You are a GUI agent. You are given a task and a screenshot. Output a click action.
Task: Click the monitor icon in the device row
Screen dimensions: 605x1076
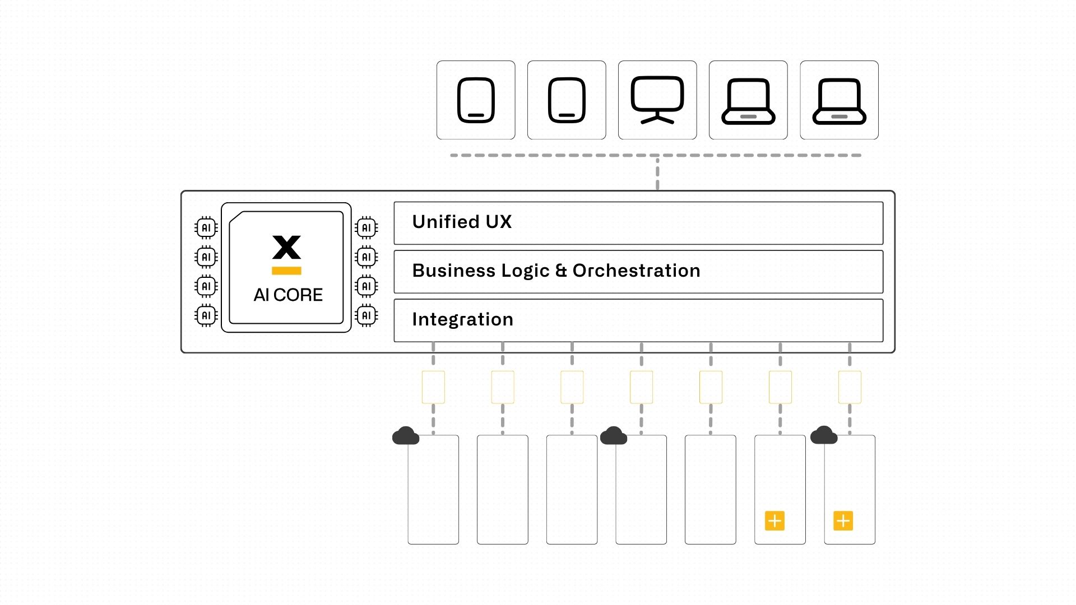657,100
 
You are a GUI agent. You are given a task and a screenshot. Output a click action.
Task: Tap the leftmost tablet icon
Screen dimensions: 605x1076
476,100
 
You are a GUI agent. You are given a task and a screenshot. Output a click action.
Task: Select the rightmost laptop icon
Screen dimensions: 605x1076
839,101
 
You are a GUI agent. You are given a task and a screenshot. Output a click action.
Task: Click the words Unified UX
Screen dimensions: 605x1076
462,222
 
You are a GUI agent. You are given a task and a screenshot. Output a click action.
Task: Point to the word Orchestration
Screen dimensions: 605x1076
636,271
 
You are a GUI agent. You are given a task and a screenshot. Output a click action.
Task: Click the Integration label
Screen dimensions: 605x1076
462,319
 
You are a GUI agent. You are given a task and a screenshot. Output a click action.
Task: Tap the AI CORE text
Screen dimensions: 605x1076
288,295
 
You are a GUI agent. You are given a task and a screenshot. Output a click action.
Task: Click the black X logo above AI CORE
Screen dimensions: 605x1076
286,247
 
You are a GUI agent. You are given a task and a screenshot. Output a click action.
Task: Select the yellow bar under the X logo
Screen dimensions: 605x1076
286,271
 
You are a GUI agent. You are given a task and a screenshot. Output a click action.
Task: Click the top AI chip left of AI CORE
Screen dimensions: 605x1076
206,227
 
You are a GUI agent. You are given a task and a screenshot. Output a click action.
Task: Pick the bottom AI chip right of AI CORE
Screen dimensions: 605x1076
367,315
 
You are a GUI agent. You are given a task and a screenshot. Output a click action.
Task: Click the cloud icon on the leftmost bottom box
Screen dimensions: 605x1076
405,436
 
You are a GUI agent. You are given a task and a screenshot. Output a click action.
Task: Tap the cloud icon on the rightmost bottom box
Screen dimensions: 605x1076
823,435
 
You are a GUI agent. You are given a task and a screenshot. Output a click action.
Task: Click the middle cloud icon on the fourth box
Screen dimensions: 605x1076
613,436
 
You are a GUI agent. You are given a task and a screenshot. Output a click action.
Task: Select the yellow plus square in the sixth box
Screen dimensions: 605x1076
774,521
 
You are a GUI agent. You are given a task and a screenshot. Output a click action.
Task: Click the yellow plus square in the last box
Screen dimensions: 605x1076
843,521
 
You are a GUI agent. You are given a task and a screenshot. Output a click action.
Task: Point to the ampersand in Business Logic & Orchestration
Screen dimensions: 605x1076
561,271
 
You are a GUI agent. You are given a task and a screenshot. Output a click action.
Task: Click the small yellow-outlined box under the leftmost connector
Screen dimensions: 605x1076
433,387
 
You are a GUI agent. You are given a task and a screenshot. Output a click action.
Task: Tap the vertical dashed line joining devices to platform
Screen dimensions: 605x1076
657,174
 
